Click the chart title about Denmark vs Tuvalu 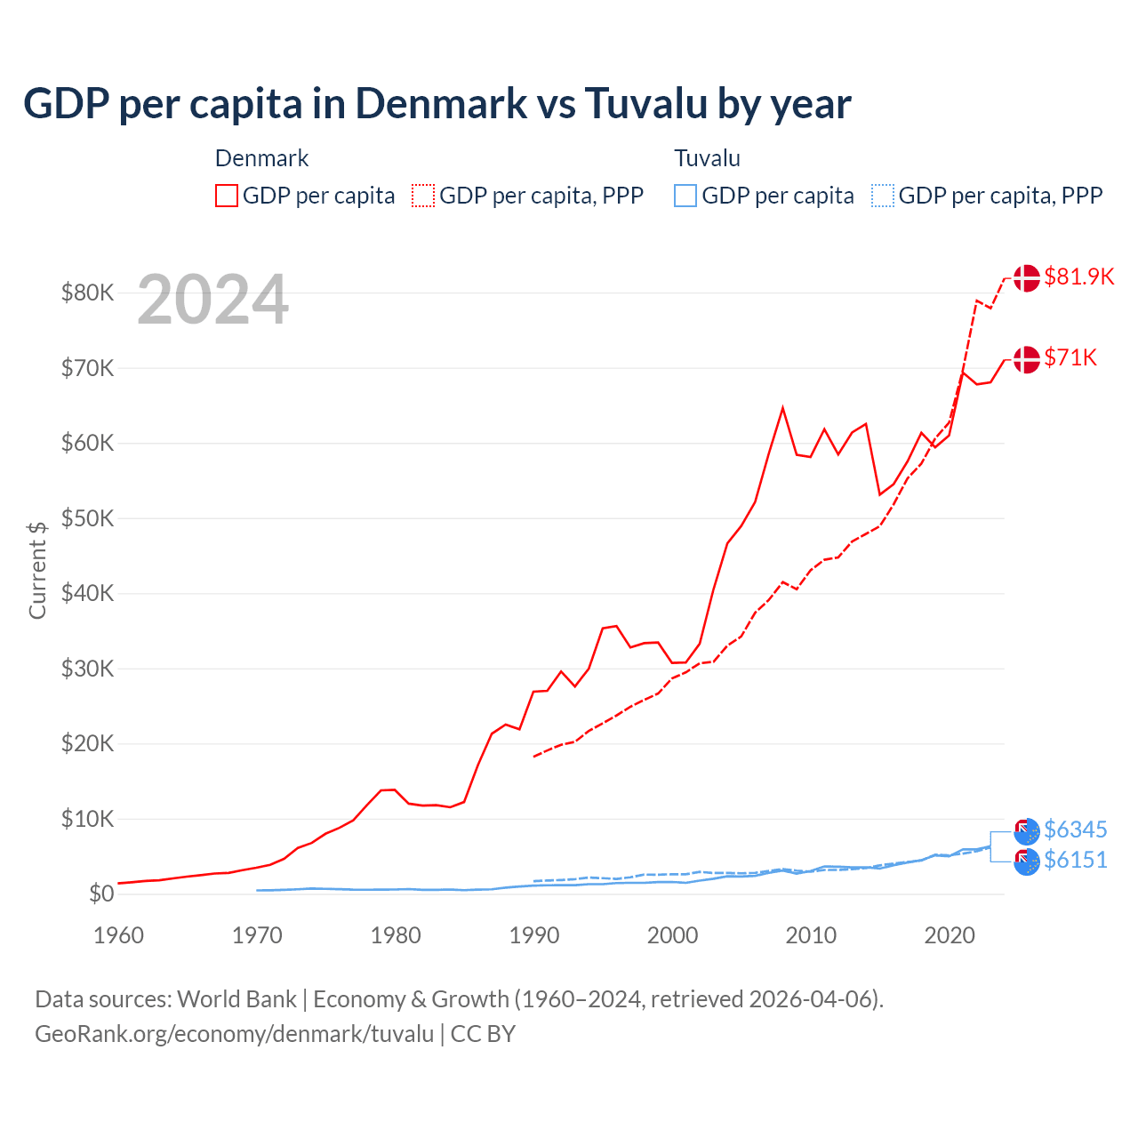click(x=437, y=104)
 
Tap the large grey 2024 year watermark click(x=212, y=301)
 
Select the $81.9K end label click(x=1078, y=276)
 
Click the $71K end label click(x=1070, y=357)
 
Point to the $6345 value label click(x=1075, y=829)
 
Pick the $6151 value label click(x=1075, y=860)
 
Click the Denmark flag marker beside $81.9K click(x=1026, y=277)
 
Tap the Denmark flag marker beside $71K click(x=1026, y=359)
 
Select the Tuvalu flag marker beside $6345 click(x=1027, y=831)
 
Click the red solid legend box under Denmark click(x=227, y=196)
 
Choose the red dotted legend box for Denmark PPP click(x=423, y=196)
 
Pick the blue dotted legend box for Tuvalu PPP click(x=883, y=196)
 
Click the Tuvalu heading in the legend click(x=707, y=158)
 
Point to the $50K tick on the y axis click(x=87, y=518)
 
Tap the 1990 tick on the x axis click(x=534, y=935)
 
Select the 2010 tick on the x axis click(x=811, y=935)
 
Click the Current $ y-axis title click(x=37, y=570)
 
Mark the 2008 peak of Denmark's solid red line click(x=782, y=408)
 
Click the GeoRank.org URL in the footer click(x=234, y=1034)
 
